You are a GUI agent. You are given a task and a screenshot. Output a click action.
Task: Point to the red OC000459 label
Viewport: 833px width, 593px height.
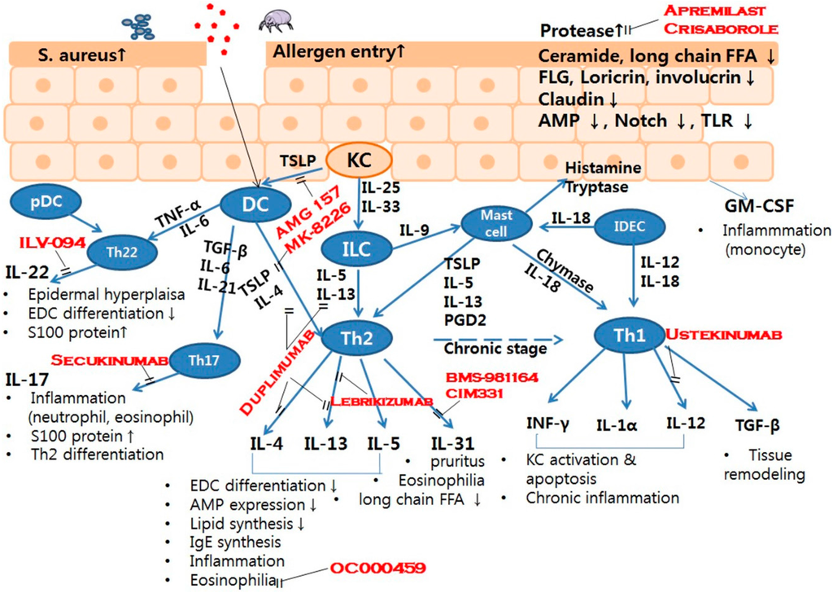pos(377,568)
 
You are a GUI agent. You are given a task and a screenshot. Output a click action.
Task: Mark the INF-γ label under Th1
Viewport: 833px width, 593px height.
pos(547,424)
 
